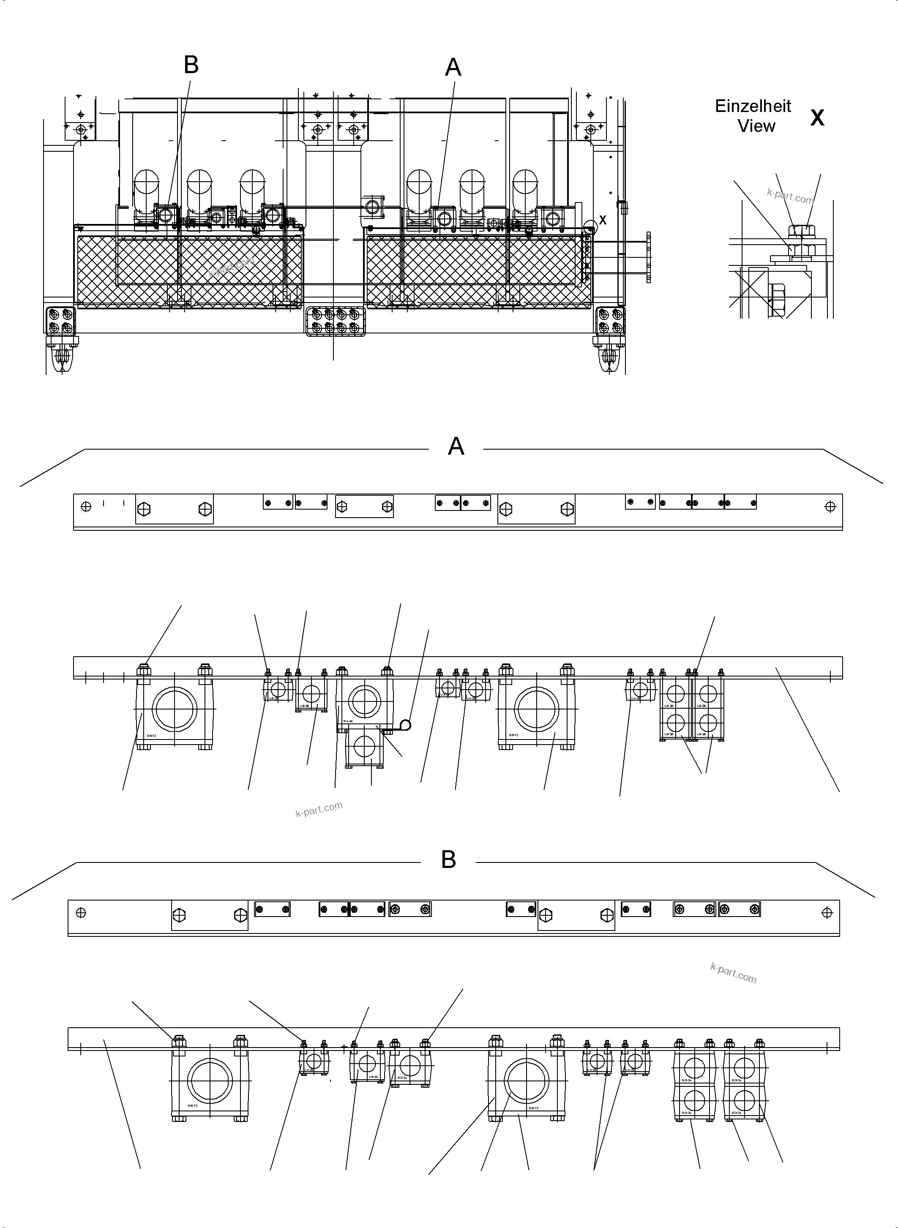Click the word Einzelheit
[x=753, y=106]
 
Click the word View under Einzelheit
[x=756, y=126]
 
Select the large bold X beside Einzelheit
[x=817, y=117]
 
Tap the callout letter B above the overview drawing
[x=191, y=65]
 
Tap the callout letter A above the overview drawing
[x=453, y=68]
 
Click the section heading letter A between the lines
[x=456, y=446]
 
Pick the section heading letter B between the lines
[x=448, y=860]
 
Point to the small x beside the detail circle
[x=602, y=220]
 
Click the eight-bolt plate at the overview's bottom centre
[x=336, y=321]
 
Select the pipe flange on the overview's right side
[x=648, y=257]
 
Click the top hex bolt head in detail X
[x=798, y=231]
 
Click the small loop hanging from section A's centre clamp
[x=404, y=724]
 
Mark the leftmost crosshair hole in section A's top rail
[x=85, y=507]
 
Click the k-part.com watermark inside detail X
[x=790, y=196]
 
